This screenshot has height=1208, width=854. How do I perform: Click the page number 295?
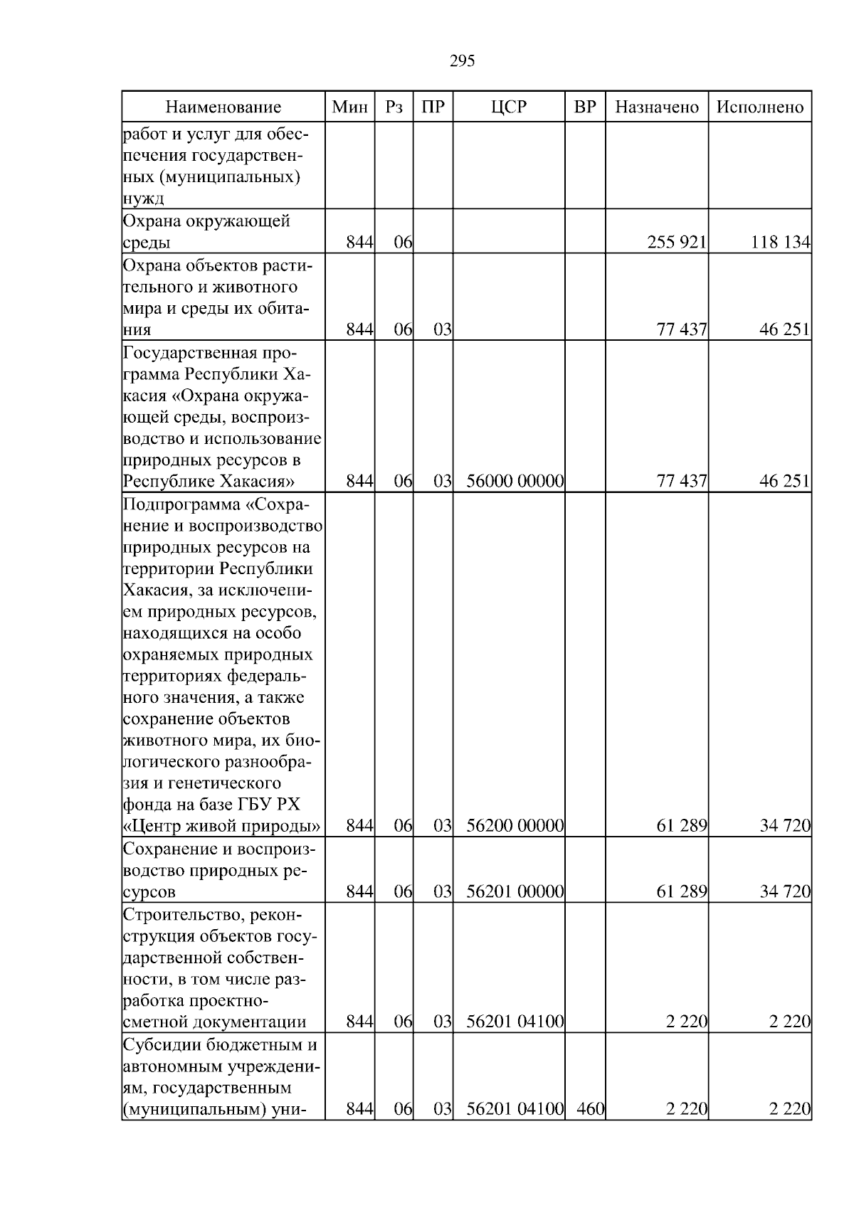tap(462, 61)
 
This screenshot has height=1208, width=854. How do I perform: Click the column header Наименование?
tap(223, 107)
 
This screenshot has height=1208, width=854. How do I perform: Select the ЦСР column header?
tap(509, 107)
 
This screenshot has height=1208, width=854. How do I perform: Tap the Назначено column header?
tap(657, 107)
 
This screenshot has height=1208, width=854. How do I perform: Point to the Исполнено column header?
tap(760, 107)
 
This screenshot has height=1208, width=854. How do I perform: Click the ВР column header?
tap(585, 107)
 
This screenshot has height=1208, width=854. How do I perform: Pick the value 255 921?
tap(676, 243)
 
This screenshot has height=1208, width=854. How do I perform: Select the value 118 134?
tap(780, 243)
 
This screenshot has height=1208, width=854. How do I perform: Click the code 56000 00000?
tap(515, 482)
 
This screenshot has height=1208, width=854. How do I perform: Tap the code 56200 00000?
tap(515, 826)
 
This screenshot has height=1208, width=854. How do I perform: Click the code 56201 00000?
tap(515, 891)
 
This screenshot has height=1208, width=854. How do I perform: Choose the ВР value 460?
tap(590, 1128)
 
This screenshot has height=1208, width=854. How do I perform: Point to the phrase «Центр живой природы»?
tap(221, 826)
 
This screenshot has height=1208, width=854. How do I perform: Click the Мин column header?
tap(350, 107)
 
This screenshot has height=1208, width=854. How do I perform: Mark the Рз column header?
tap(394, 107)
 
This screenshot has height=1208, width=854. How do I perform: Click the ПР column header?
tap(433, 107)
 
